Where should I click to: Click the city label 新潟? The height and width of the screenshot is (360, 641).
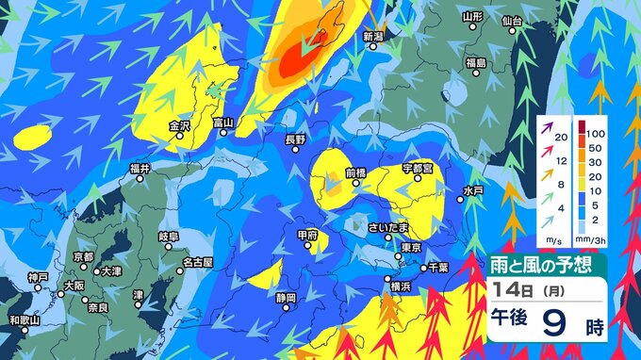coord(375,35)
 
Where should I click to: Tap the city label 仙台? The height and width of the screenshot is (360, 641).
coord(513,19)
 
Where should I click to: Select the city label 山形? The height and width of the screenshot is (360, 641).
coord(473,17)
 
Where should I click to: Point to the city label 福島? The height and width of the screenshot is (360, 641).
coord(475,62)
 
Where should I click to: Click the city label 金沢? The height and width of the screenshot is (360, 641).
coord(179,124)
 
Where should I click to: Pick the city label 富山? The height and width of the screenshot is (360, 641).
coord(222,123)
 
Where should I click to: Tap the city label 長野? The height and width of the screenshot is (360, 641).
coord(296,139)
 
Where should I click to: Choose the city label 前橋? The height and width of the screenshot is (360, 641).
coord(354,172)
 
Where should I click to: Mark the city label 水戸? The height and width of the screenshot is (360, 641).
coord(473,190)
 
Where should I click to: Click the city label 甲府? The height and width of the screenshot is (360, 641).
coord(307,235)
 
